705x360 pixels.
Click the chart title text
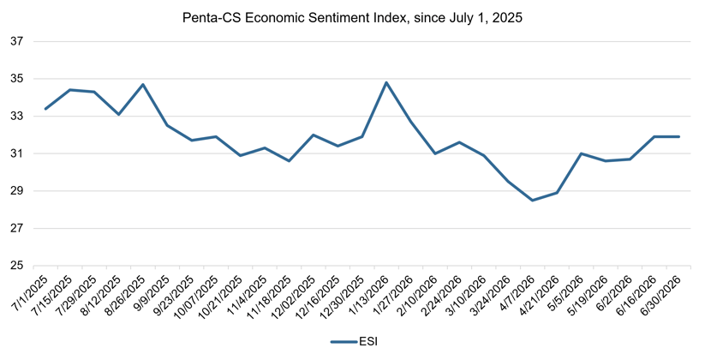tap(352, 17)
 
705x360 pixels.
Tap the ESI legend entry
tap(354, 341)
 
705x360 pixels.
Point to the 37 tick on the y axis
tap(16, 41)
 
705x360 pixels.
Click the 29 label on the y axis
tap(16, 191)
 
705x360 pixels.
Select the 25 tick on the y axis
tap(16, 266)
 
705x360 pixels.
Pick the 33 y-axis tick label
tap(16, 116)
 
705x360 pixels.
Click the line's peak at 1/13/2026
tap(386, 82)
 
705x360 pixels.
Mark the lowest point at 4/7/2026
tap(533, 201)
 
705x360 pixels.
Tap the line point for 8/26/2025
tap(143, 84)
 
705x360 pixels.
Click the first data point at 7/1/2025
tap(45, 109)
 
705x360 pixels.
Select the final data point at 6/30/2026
tap(679, 137)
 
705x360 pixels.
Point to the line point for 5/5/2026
tap(582, 153)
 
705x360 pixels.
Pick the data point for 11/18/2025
tap(289, 161)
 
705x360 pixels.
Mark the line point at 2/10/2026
tap(435, 153)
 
